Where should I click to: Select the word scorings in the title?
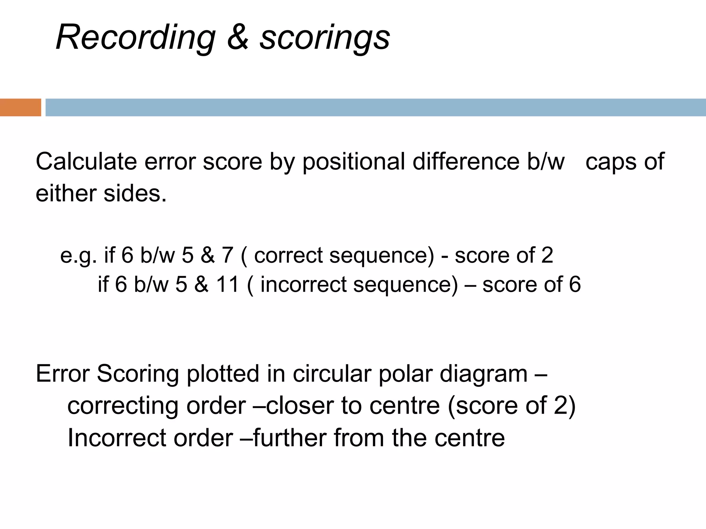[x=324, y=38]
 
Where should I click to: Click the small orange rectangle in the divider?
[x=20, y=107]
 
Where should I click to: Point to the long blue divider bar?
[x=375, y=107]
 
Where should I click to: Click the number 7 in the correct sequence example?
[x=227, y=255]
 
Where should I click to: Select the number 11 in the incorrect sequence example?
[x=228, y=284]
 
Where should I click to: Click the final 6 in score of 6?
[x=574, y=284]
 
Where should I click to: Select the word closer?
[x=300, y=405]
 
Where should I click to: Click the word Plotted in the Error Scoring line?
[x=223, y=373]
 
